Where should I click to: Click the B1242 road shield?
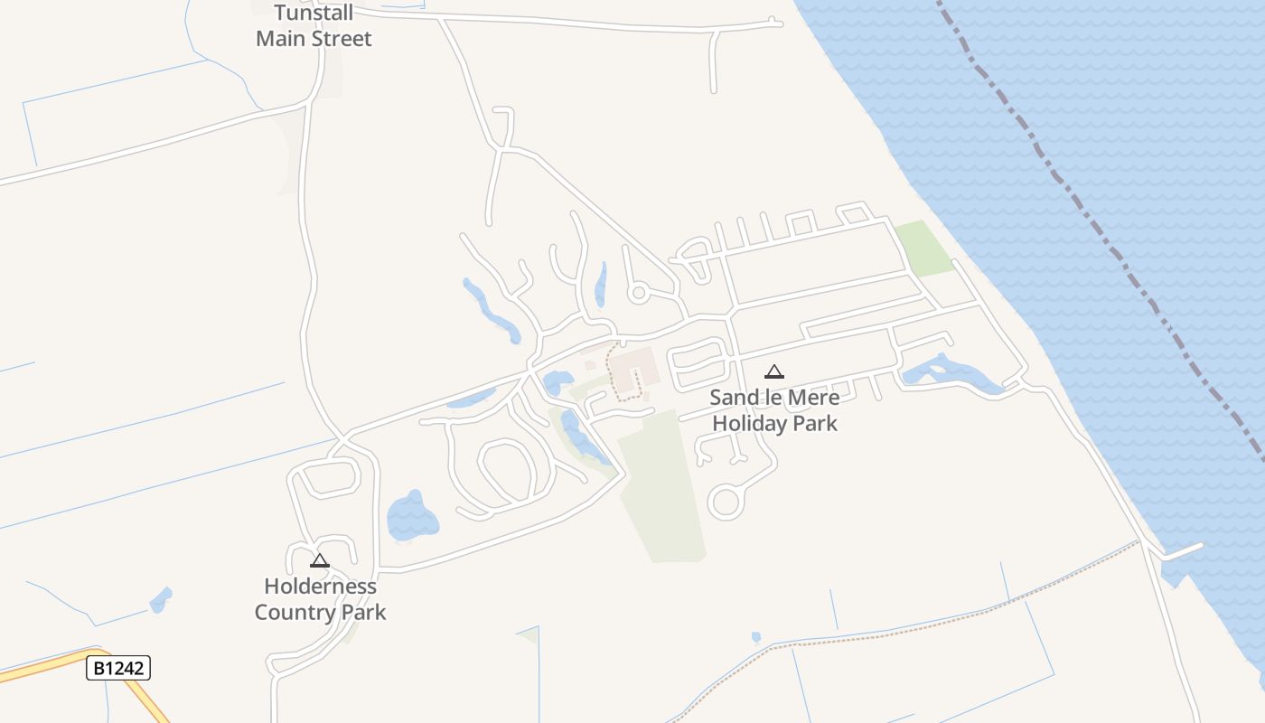tap(118, 669)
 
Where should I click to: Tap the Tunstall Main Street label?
tap(314, 26)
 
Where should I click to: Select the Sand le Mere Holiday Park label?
tap(774, 410)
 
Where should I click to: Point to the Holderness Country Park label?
tap(320, 599)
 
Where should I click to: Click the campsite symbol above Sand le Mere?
tap(774, 371)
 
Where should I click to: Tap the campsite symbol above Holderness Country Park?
tap(320, 560)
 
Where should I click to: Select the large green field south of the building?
tap(664, 488)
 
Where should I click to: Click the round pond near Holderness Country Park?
tap(412, 519)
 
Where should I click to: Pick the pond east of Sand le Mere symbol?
tap(944, 372)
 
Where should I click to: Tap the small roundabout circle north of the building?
tap(639, 292)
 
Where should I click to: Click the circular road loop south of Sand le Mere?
tap(726, 502)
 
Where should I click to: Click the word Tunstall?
tap(314, 14)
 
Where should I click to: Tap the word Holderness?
tap(320, 587)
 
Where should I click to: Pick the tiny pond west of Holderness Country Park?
tap(161, 599)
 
